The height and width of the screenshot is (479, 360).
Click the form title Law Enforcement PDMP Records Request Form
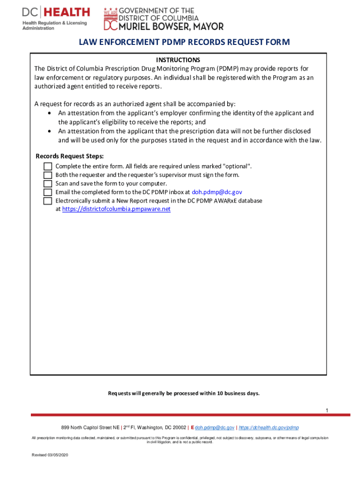[x=184, y=43]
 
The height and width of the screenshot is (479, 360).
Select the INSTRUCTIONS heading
[x=178, y=60]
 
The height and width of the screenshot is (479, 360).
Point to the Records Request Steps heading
[x=70, y=156]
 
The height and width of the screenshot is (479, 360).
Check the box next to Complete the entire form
[x=47, y=167]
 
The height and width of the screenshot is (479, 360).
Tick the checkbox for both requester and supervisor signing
[x=47, y=175]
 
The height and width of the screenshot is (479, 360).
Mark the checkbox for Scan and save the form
[x=47, y=183]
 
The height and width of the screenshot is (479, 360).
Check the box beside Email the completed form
[x=47, y=192]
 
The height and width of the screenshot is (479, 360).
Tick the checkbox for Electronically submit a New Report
[x=47, y=201]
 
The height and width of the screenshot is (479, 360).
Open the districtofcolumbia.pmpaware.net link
[x=116, y=209]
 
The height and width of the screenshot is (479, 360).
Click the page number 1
[x=327, y=410]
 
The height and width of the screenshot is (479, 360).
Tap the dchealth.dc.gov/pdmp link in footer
[x=269, y=428]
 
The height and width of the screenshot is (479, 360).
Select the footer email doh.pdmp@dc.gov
[x=215, y=428]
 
